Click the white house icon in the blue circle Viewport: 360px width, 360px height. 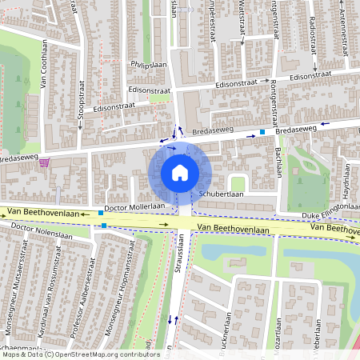pyautogui.click(x=179, y=172)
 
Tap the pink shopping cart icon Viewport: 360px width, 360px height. pyautogui.click(x=43, y=162)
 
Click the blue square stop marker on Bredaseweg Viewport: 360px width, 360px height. pyautogui.click(x=262, y=131)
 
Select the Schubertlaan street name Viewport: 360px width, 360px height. pyautogui.click(x=222, y=194)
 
